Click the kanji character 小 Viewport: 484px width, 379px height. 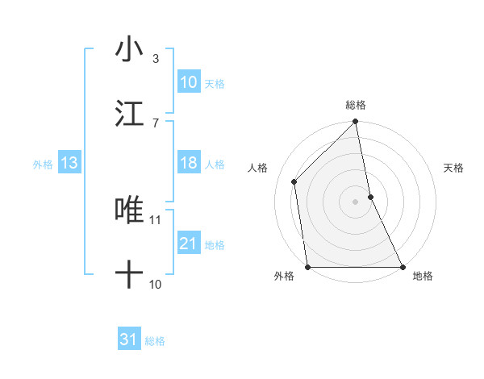click(x=129, y=49)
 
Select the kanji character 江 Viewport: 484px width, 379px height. click(x=129, y=114)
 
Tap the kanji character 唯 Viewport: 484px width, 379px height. click(x=129, y=210)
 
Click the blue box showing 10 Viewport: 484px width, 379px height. click(x=188, y=82)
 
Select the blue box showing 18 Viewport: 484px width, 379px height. click(x=188, y=163)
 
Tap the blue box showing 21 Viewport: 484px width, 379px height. click(x=188, y=244)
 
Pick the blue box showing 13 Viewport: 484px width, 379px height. click(x=69, y=163)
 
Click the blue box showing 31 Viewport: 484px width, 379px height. click(x=128, y=339)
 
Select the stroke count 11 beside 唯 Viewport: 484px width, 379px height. click(x=156, y=219)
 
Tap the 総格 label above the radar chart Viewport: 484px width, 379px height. click(x=356, y=105)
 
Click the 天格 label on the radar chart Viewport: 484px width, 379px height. click(x=453, y=168)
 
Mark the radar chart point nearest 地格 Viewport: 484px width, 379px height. click(x=403, y=267)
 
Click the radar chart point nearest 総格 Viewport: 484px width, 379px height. click(x=356, y=123)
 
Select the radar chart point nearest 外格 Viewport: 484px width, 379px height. click(x=308, y=267)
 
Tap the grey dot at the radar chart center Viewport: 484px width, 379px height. click(x=356, y=201)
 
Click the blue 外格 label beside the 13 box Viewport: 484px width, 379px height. click(x=43, y=164)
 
